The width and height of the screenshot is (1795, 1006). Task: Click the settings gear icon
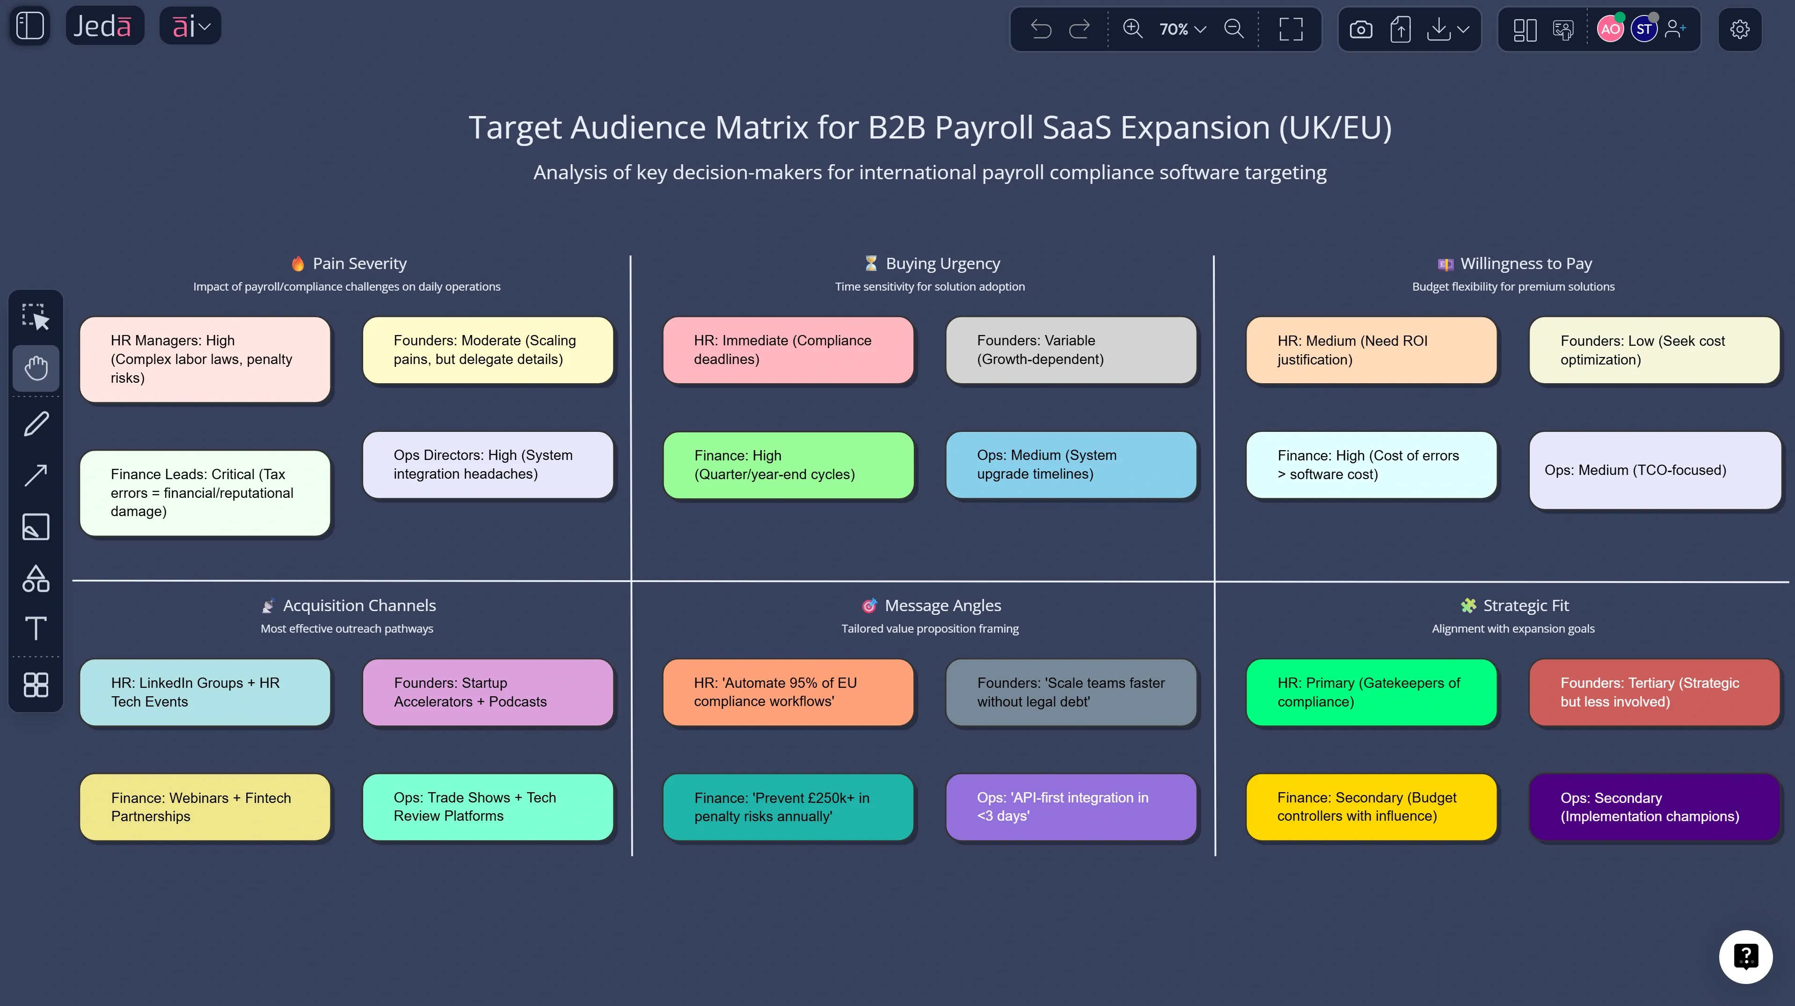(x=1739, y=29)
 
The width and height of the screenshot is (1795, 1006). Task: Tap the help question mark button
(x=1745, y=956)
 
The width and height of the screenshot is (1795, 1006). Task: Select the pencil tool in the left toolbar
(x=36, y=423)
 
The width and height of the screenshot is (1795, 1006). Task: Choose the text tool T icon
(x=36, y=628)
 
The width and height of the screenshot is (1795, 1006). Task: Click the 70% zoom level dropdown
(x=1182, y=29)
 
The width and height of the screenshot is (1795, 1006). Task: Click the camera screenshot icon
(x=1360, y=29)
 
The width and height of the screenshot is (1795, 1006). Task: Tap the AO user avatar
(x=1610, y=29)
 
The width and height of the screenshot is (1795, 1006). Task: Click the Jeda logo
(x=103, y=27)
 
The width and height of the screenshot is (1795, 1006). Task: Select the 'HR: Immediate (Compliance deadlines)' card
(x=788, y=350)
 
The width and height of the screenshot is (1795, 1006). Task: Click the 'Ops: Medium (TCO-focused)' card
(x=1654, y=470)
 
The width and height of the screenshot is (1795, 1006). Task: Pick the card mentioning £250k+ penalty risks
(x=788, y=807)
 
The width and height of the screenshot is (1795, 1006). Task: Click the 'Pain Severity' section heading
(x=359, y=263)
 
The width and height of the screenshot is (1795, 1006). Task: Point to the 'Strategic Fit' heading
(x=1525, y=605)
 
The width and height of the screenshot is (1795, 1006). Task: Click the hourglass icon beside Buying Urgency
(x=870, y=263)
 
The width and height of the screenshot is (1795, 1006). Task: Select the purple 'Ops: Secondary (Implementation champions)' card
(x=1654, y=807)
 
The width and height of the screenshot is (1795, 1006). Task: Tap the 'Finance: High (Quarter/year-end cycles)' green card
(x=788, y=465)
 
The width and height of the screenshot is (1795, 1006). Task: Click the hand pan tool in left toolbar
(x=36, y=368)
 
